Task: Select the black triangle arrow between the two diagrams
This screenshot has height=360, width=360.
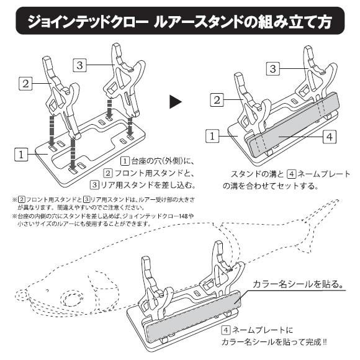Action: point(176,100)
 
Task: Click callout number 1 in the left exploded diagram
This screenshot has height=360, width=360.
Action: point(20,154)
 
